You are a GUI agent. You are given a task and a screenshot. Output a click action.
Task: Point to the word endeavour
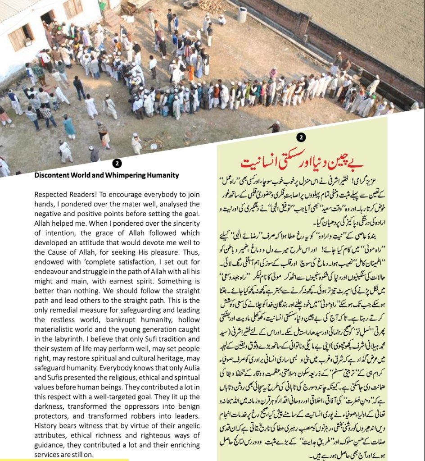(x=54, y=272)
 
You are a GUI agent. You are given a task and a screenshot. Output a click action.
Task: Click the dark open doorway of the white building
(x=47, y=17)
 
